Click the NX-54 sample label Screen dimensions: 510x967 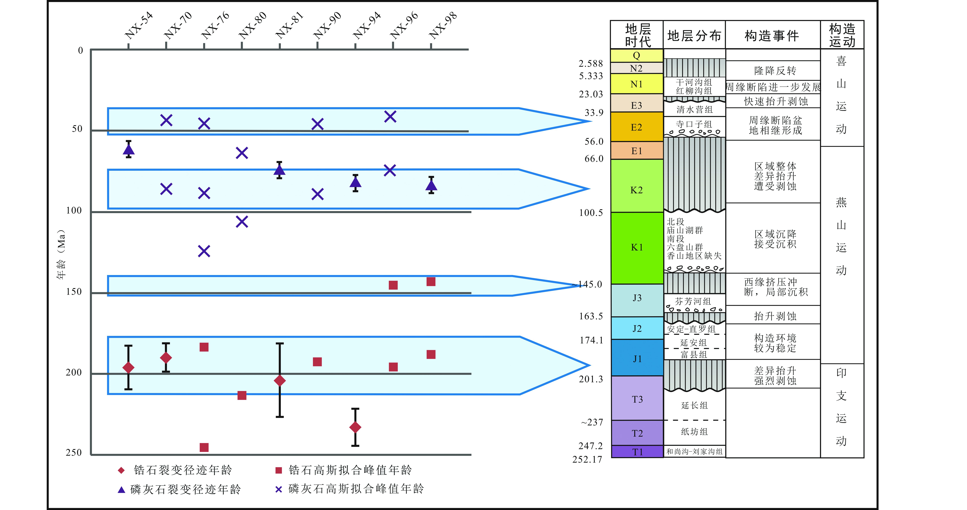139,26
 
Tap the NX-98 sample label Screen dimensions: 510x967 443,26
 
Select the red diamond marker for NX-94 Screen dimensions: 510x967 355,427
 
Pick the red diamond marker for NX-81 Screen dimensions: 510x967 280,380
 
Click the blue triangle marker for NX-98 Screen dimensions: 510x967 431,185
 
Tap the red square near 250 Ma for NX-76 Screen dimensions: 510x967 204,447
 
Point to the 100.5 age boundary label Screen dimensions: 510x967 591,213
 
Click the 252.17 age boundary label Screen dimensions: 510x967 587,459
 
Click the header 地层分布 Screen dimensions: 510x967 694,36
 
